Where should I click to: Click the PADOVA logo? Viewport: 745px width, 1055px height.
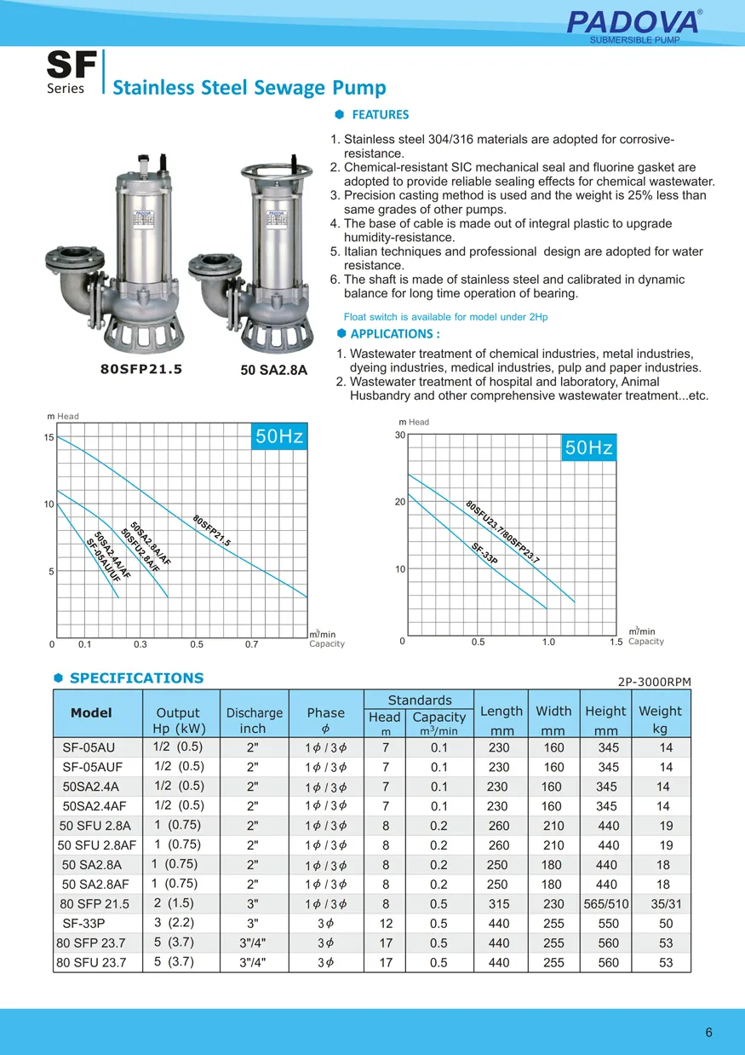click(633, 21)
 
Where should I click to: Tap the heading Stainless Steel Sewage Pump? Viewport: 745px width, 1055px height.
click(249, 88)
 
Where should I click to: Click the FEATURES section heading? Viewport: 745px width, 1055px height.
click(380, 115)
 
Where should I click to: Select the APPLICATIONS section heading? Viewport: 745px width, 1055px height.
click(394, 334)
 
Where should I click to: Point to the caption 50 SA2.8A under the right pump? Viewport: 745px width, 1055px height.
click(273, 371)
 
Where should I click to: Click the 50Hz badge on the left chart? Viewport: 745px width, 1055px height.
click(279, 437)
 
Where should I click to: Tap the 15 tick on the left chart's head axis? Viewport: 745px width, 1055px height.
click(49, 437)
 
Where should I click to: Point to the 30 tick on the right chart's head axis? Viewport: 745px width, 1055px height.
click(400, 435)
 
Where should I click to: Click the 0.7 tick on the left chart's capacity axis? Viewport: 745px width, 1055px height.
click(251, 644)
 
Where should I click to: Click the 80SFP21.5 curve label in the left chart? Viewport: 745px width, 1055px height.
click(211, 531)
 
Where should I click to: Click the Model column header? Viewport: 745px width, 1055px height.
click(91, 712)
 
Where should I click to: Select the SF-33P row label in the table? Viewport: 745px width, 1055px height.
click(84, 924)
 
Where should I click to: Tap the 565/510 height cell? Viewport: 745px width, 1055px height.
click(606, 904)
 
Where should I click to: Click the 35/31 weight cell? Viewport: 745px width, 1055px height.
click(666, 904)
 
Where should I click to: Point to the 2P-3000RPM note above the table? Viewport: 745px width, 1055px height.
click(653, 681)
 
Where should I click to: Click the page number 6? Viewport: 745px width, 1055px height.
click(708, 1034)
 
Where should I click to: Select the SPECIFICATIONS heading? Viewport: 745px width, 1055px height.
click(136, 678)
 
